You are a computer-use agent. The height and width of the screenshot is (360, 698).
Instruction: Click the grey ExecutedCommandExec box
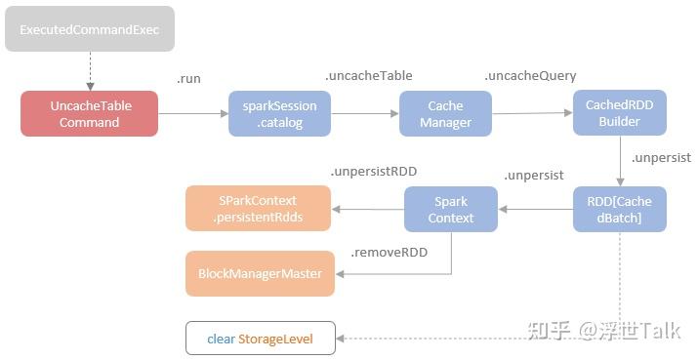pos(89,29)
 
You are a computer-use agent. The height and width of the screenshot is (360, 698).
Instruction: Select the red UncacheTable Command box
pos(89,113)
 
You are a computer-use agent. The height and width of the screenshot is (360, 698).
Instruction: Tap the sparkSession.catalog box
pos(279,113)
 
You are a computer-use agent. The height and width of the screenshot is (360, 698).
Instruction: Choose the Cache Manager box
pos(445,113)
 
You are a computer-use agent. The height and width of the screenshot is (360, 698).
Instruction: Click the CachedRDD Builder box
pos(619,112)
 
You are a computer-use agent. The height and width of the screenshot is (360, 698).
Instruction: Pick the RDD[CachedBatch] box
pos(619,209)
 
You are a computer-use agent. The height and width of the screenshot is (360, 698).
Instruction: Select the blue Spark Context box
pos(451,209)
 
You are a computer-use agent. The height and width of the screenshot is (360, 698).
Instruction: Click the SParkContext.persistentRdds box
pos(258,209)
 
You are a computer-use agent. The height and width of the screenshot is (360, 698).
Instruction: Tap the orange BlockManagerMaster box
pos(260,273)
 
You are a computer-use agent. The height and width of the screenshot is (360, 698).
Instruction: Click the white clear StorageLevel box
pos(260,339)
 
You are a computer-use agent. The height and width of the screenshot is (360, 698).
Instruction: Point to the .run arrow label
pos(188,78)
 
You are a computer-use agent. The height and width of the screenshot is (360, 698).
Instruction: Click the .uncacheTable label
pos(369,75)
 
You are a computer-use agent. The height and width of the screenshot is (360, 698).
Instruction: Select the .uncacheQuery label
pos(530,75)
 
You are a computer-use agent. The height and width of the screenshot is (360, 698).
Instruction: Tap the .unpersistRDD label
pos(373,171)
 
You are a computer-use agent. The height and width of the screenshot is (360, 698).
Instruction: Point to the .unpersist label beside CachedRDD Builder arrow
pos(661,156)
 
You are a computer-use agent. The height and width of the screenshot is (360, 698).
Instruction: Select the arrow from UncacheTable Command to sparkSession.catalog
pos(191,113)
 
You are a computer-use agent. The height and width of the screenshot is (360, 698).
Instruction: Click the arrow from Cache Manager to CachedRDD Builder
pos(531,113)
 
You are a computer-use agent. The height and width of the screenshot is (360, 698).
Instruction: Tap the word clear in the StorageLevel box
pos(221,339)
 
